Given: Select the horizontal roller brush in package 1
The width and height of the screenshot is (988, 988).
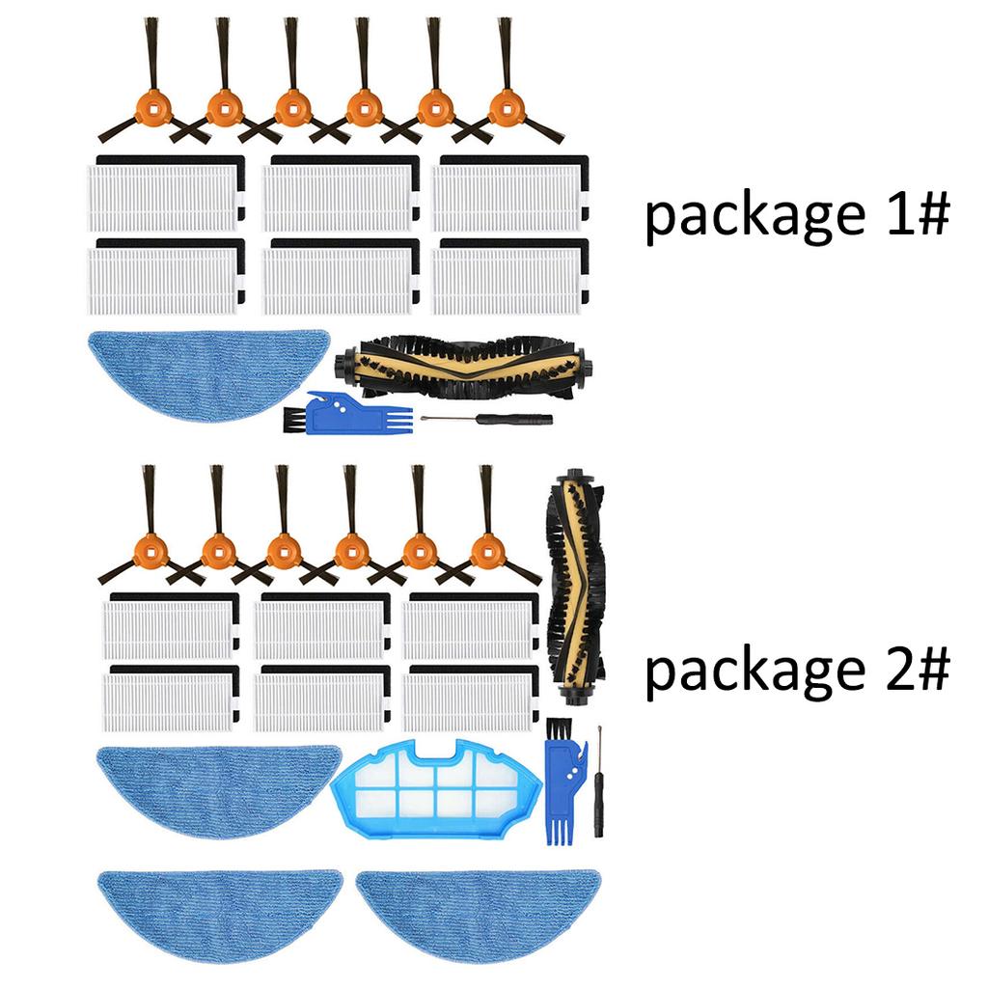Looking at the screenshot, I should point(463,367).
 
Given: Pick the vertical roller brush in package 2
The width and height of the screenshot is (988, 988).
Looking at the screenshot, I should point(576,581).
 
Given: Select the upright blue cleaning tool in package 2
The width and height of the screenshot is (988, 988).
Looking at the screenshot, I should point(559,782).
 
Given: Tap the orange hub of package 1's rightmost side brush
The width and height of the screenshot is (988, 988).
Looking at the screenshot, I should point(505,108).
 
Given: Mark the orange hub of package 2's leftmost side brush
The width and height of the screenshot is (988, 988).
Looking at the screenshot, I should point(150,553).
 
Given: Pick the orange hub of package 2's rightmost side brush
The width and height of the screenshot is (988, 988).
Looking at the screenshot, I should point(486,553).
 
